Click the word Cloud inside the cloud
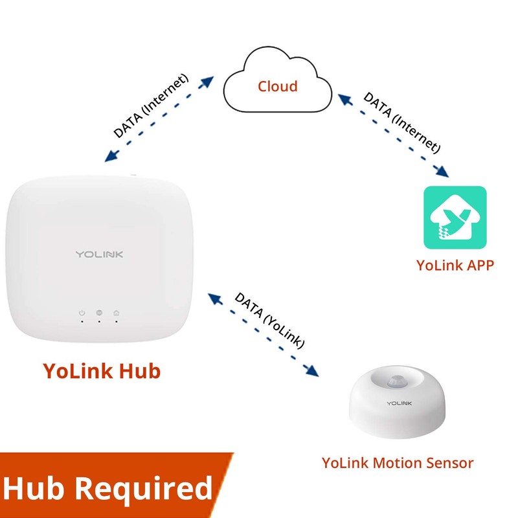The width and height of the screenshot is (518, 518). pyautogui.click(x=278, y=86)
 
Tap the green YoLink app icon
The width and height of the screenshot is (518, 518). pyautogui.click(x=455, y=218)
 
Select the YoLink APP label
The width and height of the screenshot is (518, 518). pyautogui.click(x=455, y=265)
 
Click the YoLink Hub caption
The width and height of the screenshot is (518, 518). pyautogui.click(x=102, y=371)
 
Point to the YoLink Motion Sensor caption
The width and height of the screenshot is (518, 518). pyautogui.click(x=398, y=462)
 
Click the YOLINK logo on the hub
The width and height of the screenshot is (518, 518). pyautogui.click(x=99, y=254)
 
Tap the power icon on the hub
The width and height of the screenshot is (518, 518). pyautogui.click(x=82, y=313)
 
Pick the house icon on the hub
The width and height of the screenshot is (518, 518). pyautogui.click(x=116, y=313)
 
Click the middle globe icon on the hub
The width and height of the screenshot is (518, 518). pyautogui.click(x=99, y=313)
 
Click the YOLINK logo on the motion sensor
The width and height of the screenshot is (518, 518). pyautogui.click(x=400, y=403)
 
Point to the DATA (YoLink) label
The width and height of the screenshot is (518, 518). pyautogui.click(x=269, y=320)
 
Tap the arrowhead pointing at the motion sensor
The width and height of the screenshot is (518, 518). pyautogui.click(x=313, y=372)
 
